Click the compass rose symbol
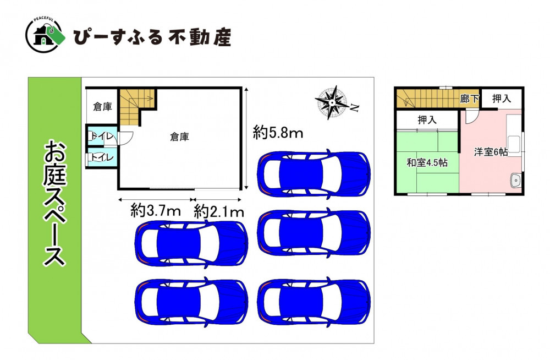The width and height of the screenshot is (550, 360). click(332, 102)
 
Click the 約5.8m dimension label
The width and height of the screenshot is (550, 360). click(278, 133)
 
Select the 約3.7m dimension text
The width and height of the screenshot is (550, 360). click(156, 211)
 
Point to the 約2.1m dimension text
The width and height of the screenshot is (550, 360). click(219, 212)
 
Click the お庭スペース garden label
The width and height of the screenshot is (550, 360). click(54, 203)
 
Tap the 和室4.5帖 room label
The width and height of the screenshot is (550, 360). click(427, 162)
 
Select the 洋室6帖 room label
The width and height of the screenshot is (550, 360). click(491, 152)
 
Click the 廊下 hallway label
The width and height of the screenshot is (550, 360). click(469, 99)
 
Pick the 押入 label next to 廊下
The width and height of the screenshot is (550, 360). click(502, 99)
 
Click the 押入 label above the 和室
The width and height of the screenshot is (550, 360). click(427, 120)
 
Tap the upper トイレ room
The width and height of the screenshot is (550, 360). click(102, 136)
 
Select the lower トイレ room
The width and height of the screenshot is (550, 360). click(102, 157)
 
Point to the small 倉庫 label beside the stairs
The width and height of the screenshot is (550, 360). click(102, 106)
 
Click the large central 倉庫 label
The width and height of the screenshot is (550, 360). click(180, 137)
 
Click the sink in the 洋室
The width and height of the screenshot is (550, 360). click(516, 180)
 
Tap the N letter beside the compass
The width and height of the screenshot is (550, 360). click(355, 108)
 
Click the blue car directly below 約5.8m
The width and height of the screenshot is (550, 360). click(313, 174)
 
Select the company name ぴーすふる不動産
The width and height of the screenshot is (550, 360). click(152, 37)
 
